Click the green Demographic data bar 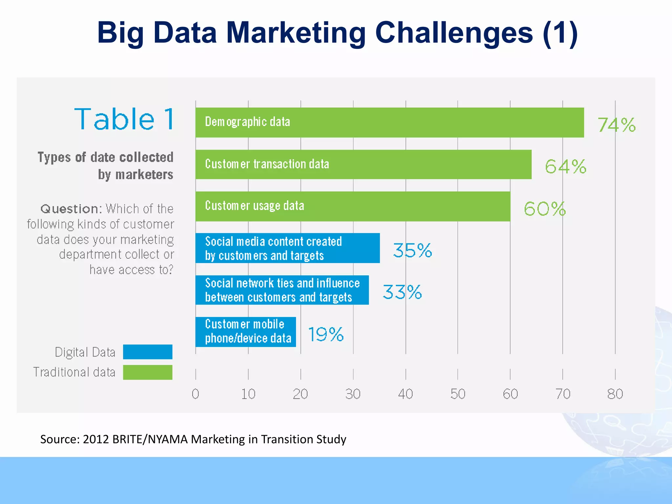(389, 122)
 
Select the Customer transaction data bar (363, 164)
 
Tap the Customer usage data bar (353, 206)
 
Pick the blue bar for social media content (287, 248)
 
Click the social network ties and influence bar (282, 290)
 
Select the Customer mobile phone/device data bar (245, 332)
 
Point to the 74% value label (616, 125)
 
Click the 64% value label (565, 167)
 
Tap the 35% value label (412, 251)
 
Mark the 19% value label (325, 334)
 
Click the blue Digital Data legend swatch (148, 352)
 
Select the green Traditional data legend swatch (148, 372)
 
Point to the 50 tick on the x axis (458, 394)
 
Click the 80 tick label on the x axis (615, 394)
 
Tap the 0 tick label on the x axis (196, 394)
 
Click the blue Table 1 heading (124, 119)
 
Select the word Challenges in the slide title (454, 32)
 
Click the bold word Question (69, 209)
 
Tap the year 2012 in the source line (96, 439)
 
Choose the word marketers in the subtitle (144, 175)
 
